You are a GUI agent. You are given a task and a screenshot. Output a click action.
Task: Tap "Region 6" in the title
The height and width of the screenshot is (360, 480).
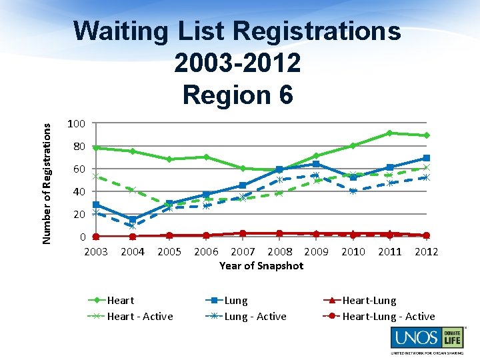[237, 95]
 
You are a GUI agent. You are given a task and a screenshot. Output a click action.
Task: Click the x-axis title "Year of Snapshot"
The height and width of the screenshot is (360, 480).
[261, 265]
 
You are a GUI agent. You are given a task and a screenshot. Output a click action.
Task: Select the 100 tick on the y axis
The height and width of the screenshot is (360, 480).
[76, 124]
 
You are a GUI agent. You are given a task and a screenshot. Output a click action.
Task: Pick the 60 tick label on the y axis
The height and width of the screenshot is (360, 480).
[79, 169]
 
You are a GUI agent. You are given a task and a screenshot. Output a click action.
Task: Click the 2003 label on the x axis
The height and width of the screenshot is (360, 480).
[96, 251]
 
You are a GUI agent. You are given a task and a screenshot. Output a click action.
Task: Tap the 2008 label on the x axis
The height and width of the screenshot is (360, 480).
[279, 251]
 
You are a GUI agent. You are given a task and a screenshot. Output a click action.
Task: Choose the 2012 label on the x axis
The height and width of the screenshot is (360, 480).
[426, 251]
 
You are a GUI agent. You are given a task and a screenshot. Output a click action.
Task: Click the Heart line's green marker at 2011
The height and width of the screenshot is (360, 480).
[389, 133]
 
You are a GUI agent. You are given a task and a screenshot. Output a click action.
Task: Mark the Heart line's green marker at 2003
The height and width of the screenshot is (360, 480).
[96, 147]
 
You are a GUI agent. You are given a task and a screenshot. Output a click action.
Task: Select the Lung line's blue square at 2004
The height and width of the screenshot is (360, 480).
[133, 219]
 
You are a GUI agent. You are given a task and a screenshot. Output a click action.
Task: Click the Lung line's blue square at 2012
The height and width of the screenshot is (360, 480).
[426, 158]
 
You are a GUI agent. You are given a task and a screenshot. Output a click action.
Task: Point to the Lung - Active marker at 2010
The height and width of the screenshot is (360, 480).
[353, 191]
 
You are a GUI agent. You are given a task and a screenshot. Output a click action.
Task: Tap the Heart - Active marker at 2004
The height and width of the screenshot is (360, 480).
[133, 190]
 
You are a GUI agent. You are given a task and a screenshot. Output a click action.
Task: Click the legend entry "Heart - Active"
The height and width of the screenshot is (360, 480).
[139, 317]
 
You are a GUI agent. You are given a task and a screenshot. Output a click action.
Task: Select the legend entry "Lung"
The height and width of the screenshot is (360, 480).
[235, 301]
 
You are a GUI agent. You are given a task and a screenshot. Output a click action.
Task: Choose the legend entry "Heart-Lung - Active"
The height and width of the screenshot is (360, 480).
[388, 317]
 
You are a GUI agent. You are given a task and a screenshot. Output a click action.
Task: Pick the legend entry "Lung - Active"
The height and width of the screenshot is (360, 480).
[255, 317]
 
